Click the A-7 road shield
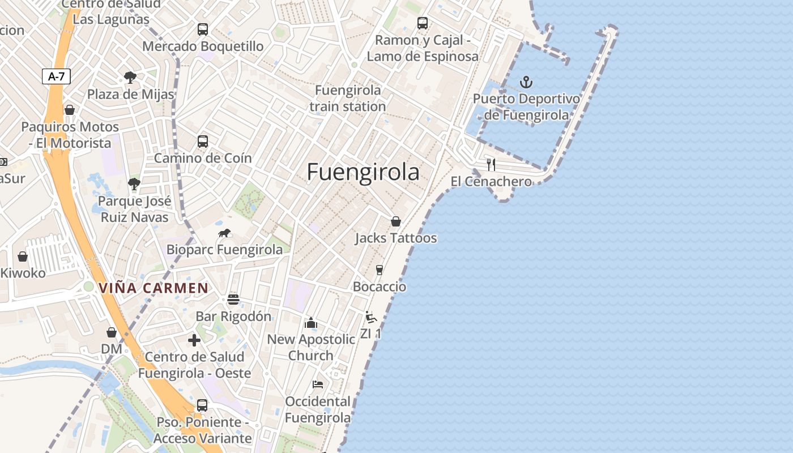tap(56, 76)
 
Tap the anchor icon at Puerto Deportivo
tap(526, 83)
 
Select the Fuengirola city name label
tap(363, 173)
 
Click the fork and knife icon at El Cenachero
tap(491, 165)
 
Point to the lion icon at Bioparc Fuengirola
tap(224, 233)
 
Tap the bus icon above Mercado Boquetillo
tap(202, 29)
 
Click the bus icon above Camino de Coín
tap(202, 142)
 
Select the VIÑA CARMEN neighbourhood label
tap(154, 288)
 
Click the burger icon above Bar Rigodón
tap(233, 299)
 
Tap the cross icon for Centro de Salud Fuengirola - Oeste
tap(194, 340)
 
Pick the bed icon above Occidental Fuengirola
tap(318, 384)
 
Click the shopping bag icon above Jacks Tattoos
tap(395, 221)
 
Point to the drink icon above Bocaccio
tap(379, 270)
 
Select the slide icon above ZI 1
tap(370, 317)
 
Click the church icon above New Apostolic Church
tap(311, 323)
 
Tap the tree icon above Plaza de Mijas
tap(130, 77)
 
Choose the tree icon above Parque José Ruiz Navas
tap(134, 184)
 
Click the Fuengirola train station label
tap(348, 98)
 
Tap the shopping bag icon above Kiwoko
tap(23, 257)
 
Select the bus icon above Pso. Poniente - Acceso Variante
tap(202, 405)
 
